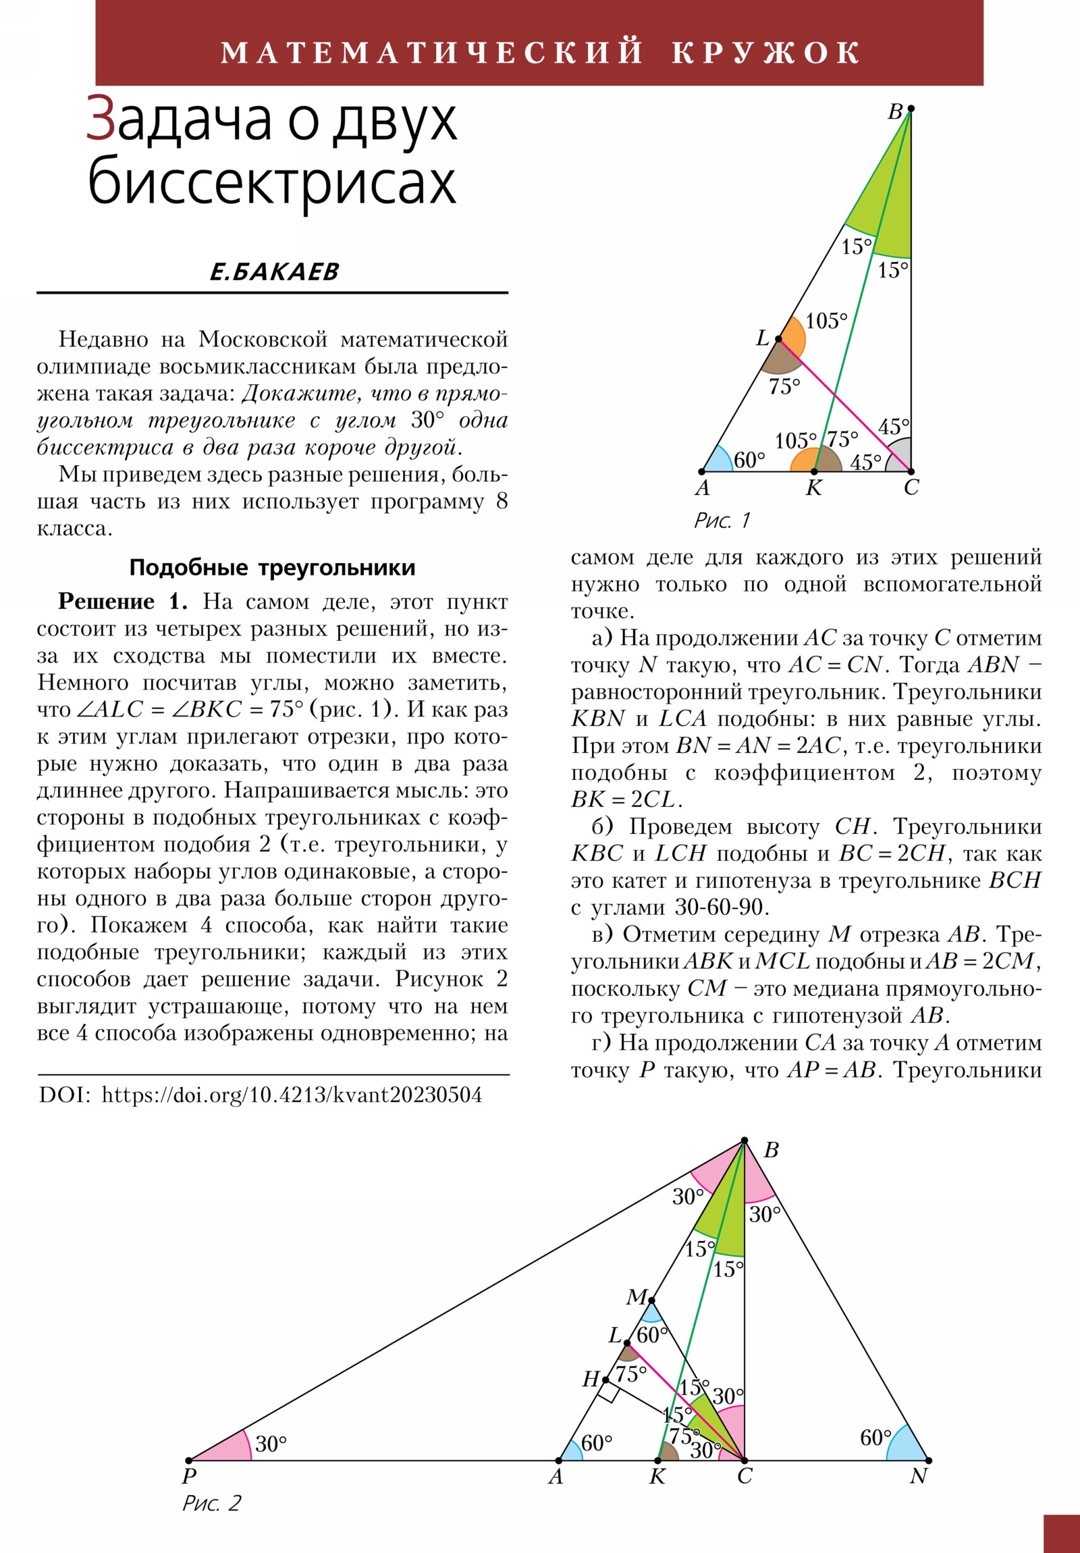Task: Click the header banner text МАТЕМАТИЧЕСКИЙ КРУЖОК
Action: coord(539,53)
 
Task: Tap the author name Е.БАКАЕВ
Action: coord(274,272)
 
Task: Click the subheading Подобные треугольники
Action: coord(272,567)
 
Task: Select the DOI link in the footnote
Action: coord(292,1095)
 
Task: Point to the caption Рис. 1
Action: coord(722,520)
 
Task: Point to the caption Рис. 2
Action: coord(211,1503)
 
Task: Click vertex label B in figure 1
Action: coord(894,112)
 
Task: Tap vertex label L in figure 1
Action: coord(762,338)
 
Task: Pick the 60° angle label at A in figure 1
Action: coord(749,460)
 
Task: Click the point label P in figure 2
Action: coord(190,1476)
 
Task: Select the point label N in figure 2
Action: coord(918,1476)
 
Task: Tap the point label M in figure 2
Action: coord(637,1296)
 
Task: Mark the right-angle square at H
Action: coord(607,1392)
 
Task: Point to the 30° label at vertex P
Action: coord(271,1444)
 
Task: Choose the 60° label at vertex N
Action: coord(875,1438)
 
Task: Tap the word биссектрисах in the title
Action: coord(272,182)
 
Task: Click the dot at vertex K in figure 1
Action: coord(814,471)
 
